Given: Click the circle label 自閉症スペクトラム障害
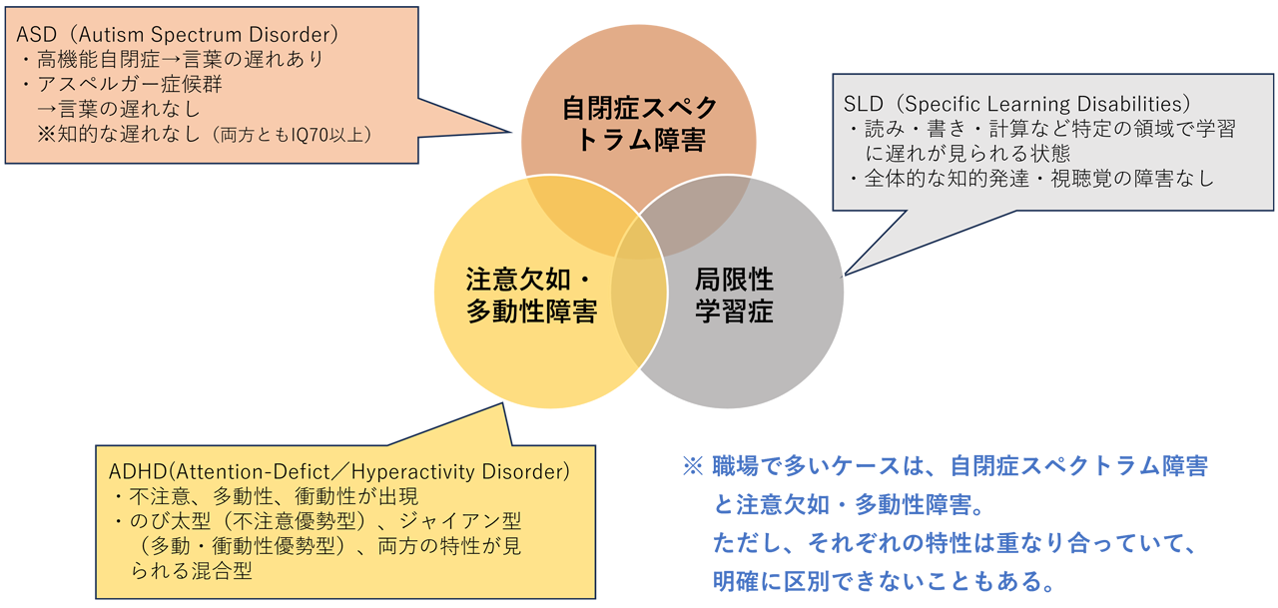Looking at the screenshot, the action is click(x=640, y=124).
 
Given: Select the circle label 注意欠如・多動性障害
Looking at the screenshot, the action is click(x=532, y=296).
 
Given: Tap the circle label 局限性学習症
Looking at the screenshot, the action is click(x=734, y=296).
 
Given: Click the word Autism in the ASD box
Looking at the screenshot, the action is click(x=111, y=35).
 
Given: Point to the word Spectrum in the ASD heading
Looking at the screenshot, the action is click(x=196, y=36).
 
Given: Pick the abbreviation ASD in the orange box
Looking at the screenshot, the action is click(x=37, y=35).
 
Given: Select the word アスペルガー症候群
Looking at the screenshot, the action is click(x=130, y=84).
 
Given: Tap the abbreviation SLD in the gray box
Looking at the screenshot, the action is click(x=864, y=104).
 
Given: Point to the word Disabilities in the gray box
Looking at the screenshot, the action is click(x=1132, y=104).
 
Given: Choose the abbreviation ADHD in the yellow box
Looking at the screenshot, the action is click(x=138, y=471).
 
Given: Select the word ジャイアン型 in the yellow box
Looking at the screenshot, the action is click(x=460, y=521).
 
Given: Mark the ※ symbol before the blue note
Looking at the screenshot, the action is click(x=693, y=466).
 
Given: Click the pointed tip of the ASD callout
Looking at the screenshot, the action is click(x=510, y=132).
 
